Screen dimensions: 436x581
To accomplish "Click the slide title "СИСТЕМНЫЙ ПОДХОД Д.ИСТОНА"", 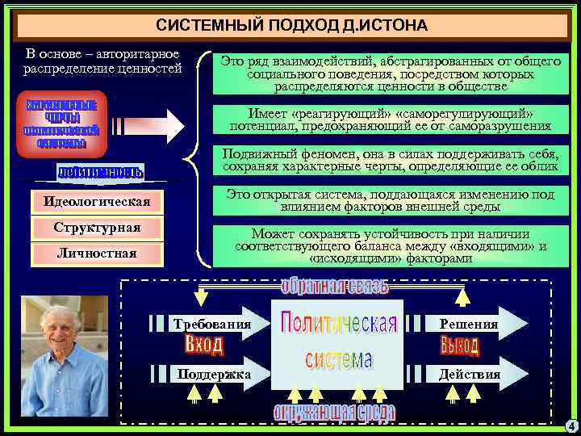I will pyautogui.click(x=291, y=26).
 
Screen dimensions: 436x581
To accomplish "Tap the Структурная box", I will pyautogui.click(x=97, y=228).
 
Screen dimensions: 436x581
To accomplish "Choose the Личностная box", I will pyautogui.click(x=97, y=254).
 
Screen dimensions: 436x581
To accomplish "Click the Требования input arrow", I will pyautogui.click(x=211, y=325).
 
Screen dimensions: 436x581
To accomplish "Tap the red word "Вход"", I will pyautogui.click(x=203, y=346).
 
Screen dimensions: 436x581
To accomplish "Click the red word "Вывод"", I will pyautogui.click(x=460, y=346).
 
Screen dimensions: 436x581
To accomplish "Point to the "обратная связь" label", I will pyautogui.click(x=335, y=287).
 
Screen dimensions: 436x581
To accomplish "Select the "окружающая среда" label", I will pyautogui.click(x=334, y=413).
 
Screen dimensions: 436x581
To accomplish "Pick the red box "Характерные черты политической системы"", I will pyautogui.click(x=61, y=124).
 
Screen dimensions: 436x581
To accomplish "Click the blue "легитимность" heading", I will pyautogui.click(x=100, y=172).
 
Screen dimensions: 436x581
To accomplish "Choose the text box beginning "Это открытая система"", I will pyautogui.click(x=391, y=200).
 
